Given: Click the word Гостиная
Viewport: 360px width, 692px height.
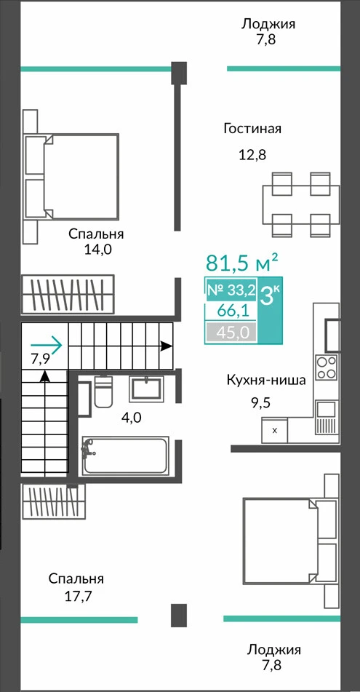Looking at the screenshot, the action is coord(252,129).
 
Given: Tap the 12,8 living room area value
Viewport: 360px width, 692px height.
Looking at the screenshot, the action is coord(252,155).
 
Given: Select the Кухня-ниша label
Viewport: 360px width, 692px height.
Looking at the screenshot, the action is coord(266,380).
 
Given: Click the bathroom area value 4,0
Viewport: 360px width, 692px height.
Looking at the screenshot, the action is coord(131,417).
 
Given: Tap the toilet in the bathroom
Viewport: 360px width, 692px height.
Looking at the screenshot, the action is coord(104,391).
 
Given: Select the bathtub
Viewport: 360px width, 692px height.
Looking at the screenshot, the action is coord(126,456).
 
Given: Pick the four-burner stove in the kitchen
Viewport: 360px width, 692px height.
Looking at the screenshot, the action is coord(327,368).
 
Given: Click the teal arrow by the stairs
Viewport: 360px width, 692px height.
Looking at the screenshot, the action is coord(46,345).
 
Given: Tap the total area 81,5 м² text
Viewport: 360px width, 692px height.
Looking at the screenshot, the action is coord(242,263).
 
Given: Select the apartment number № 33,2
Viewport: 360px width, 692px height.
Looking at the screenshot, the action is coord(232,290).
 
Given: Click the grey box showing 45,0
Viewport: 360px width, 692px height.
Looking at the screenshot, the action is coord(231,333).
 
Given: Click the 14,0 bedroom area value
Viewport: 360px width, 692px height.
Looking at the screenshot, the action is coord(98,250).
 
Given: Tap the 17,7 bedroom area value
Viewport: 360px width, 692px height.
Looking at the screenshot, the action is coord(78,597).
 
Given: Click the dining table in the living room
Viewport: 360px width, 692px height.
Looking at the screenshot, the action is coord(302,204).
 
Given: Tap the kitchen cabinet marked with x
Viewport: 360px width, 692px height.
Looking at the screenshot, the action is coord(274,431).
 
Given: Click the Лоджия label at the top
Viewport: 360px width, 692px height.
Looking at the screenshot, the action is coord(268,23).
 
